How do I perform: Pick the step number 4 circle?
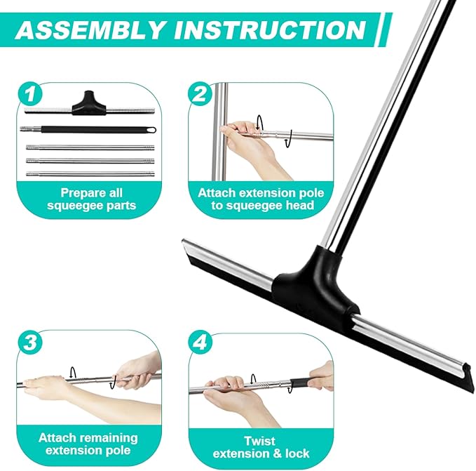[x=200, y=343]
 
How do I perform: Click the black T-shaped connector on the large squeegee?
[x=313, y=281]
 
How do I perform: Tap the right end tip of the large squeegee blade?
[x=463, y=369]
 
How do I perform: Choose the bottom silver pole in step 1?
[x=91, y=173]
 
